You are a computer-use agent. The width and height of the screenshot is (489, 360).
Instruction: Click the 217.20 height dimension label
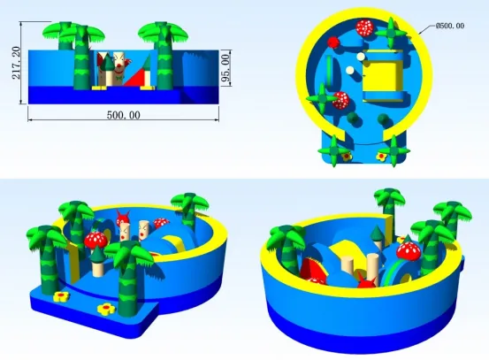pos(16,63)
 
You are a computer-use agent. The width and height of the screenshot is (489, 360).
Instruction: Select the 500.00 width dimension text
pos(124,115)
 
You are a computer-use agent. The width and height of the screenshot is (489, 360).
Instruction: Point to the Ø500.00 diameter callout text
pos(450,26)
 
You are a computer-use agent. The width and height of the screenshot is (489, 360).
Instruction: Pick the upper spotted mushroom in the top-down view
pos(365,27)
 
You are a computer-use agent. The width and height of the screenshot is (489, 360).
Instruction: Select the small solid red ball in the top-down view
pos(333,42)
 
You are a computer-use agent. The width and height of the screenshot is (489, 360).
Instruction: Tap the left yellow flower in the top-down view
pos(347,157)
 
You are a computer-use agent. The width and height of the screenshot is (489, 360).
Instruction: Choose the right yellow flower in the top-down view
pos(381,157)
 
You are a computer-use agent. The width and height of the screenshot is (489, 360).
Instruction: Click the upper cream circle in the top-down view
pos(361,57)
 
